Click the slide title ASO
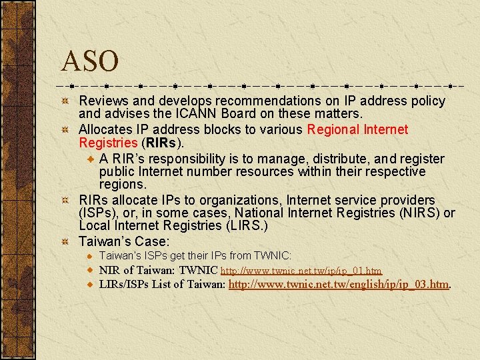89,61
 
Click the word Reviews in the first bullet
103,101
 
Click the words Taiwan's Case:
124,241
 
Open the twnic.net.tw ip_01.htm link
301,271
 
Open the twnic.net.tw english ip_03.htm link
339,285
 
